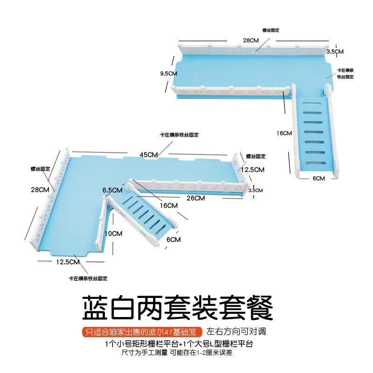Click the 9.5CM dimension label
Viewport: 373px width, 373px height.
pos(168,73)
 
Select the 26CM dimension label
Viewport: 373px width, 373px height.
pos(196,198)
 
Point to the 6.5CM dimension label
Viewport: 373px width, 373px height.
pos(112,190)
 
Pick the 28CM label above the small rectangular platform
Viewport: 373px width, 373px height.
pos(251,41)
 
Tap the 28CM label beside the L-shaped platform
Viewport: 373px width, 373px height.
pos(40,189)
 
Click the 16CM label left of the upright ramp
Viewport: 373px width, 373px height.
pos(284,133)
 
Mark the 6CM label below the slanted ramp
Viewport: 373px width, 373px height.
pos(173,240)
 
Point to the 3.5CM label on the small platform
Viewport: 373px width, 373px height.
pos(335,51)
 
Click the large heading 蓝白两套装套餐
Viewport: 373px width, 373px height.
pos(177,306)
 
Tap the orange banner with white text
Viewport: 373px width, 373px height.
pos(142,332)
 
